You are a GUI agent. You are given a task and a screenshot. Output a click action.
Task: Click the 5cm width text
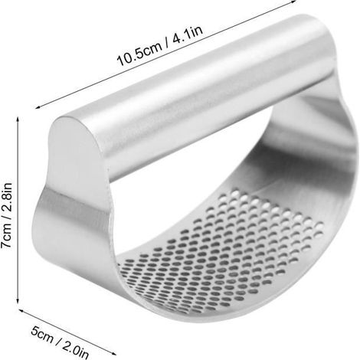tap(42, 335)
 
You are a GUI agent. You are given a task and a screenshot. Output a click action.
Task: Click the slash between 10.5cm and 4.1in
tap(167, 44)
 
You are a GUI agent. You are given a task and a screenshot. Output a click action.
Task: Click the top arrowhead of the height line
tap(18, 119)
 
